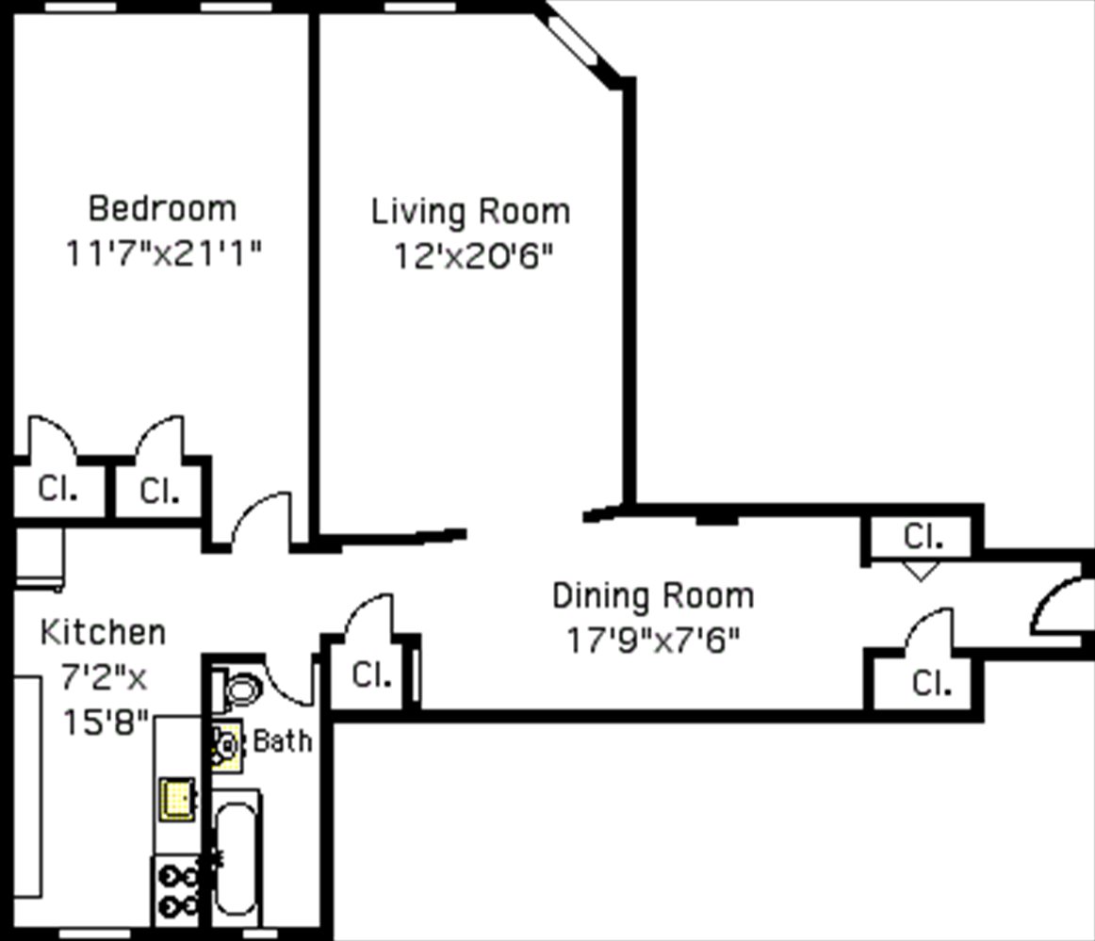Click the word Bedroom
[x=162, y=207]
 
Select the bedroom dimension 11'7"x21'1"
[x=162, y=253]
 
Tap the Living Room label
[x=470, y=211]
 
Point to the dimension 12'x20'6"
[x=471, y=256]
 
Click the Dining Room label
[x=652, y=596]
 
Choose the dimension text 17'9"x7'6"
[x=652, y=641]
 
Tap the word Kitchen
[x=103, y=632]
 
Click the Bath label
[x=282, y=741]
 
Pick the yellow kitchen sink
[x=176, y=799]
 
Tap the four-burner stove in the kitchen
[x=176, y=890]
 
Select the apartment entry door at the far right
[x=1060, y=606]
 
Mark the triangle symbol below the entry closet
[x=920, y=570]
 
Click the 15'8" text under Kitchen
[x=106, y=723]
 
